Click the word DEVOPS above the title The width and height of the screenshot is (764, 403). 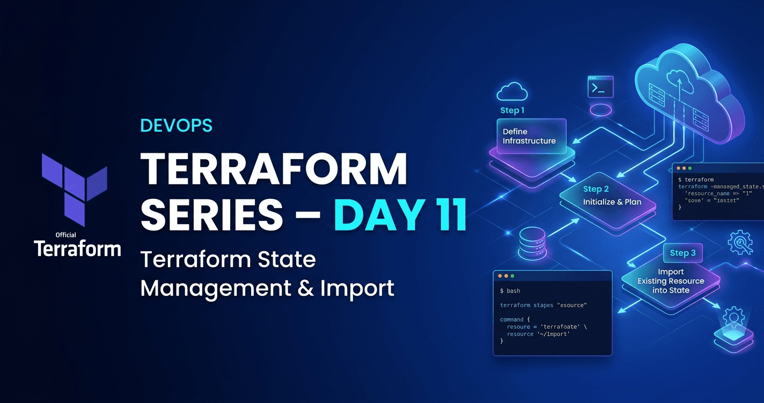coord(176,125)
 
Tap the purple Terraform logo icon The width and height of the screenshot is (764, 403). coord(74,181)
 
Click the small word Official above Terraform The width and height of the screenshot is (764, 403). coord(65,235)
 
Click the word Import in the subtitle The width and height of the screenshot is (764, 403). coord(357,288)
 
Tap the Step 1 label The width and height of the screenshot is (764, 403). coord(512,110)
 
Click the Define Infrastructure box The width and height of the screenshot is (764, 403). coord(529,136)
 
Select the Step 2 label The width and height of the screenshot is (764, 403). coord(596,189)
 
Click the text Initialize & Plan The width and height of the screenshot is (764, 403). coord(612,202)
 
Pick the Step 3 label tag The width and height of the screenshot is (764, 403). coord(682,253)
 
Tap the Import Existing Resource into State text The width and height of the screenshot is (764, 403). coord(671,281)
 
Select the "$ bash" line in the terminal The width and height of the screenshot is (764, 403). coord(510,291)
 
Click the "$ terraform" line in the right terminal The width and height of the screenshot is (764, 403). coord(695,180)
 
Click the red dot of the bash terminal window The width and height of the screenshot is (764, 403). coord(500,276)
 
